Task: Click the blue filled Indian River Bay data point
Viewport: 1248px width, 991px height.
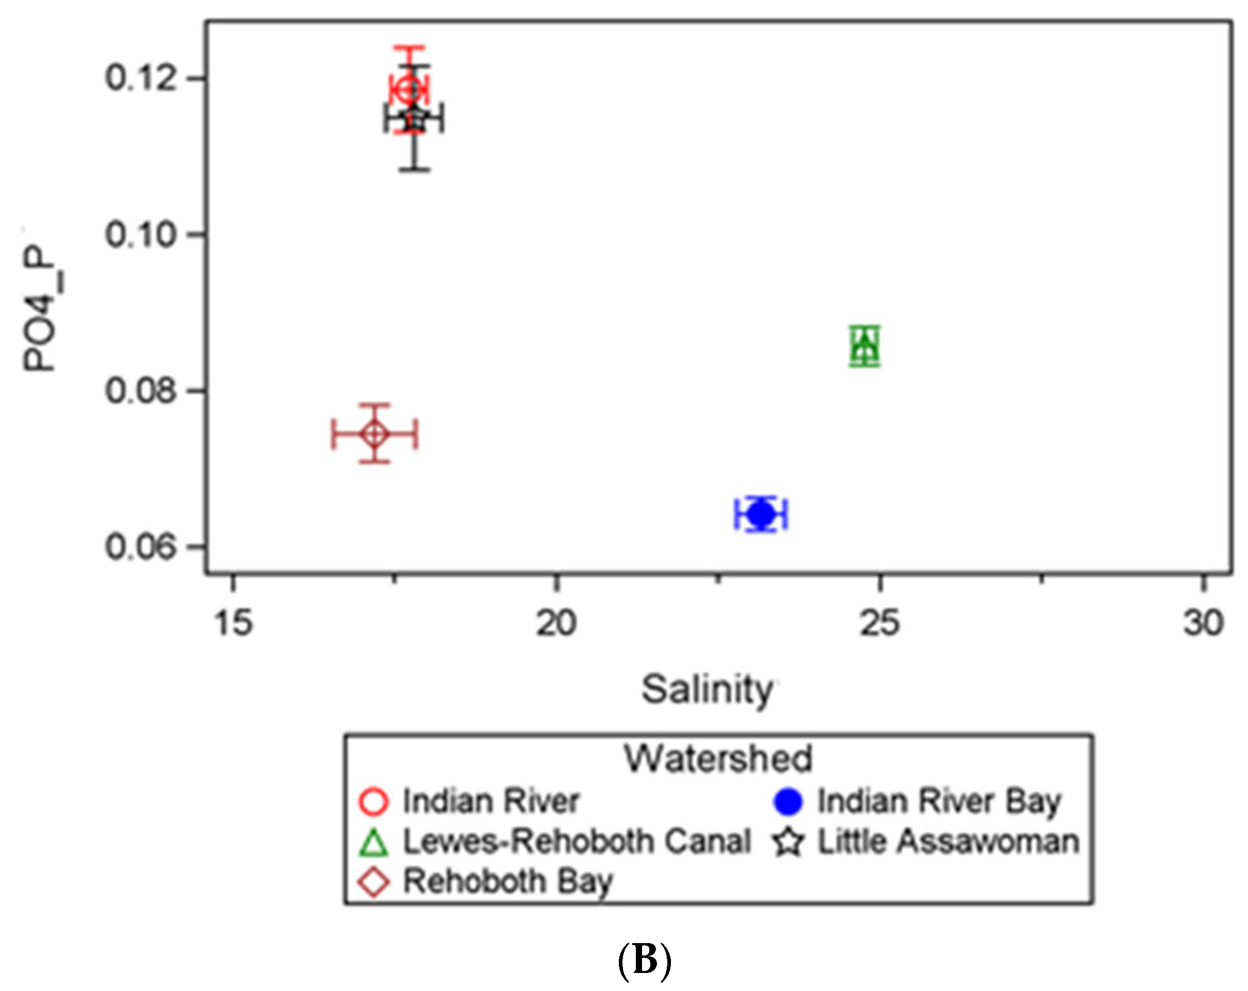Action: (761, 514)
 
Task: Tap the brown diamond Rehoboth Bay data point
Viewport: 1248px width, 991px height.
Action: (375, 434)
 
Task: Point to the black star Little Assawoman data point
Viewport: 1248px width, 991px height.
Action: (414, 119)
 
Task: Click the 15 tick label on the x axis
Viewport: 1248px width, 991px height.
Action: (233, 624)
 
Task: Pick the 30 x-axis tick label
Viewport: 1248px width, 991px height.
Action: (1203, 624)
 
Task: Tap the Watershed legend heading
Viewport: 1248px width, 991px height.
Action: (718, 758)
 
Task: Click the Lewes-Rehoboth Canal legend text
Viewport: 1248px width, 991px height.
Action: (577, 842)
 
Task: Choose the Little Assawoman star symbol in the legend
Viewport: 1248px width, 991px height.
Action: (788, 842)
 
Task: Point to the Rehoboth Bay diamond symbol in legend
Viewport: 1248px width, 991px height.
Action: (374, 882)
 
